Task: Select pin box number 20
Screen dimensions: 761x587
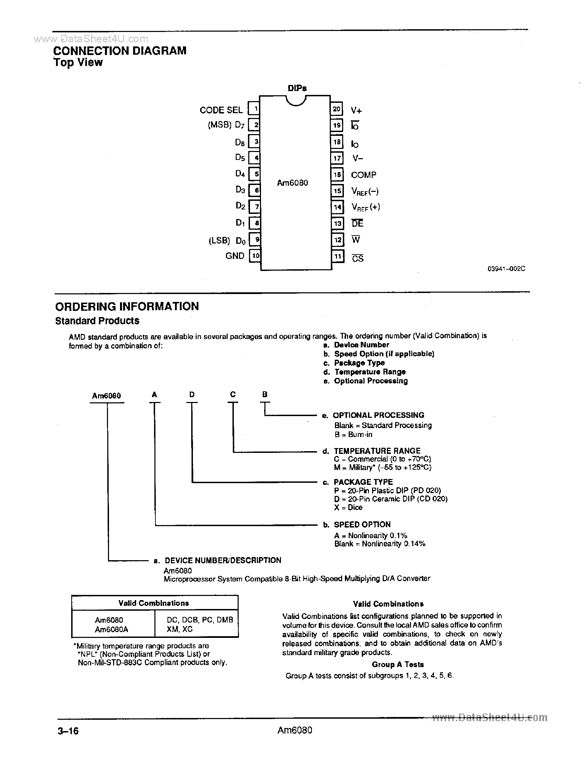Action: [336, 109]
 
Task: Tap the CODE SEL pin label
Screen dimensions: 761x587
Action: [221, 110]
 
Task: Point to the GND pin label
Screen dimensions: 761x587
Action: [235, 256]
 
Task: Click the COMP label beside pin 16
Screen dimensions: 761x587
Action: [363, 175]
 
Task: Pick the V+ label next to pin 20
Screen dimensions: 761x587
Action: [356, 110]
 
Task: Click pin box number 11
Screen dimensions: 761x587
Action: [337, 257]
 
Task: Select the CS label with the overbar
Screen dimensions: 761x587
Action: [358, 258]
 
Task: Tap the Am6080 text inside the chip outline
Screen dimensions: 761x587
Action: [292, 183]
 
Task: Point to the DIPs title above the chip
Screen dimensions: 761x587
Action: [297, 88]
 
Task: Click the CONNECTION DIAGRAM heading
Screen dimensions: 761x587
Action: [120, 51]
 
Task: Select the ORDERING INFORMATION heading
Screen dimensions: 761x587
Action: [127, 306]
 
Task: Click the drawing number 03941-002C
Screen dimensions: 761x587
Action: [506, 269]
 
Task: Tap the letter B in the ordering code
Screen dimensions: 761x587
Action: [265, 394]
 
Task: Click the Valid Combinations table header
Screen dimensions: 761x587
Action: [154, 603]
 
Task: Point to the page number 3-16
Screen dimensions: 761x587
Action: [68, 730]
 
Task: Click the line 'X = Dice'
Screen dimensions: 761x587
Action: [348, 507]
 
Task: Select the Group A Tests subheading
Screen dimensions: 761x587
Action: [398, 664]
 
